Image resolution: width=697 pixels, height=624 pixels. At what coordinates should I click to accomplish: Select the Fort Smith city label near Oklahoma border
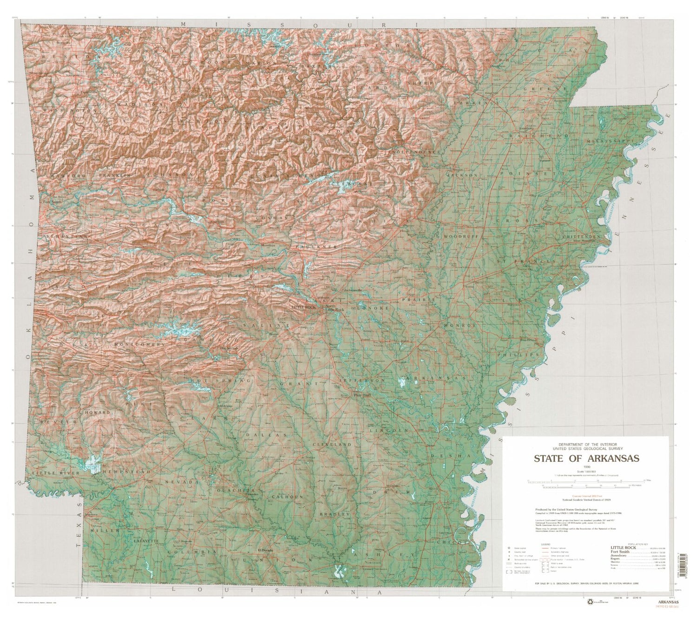[x=52, y=202]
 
